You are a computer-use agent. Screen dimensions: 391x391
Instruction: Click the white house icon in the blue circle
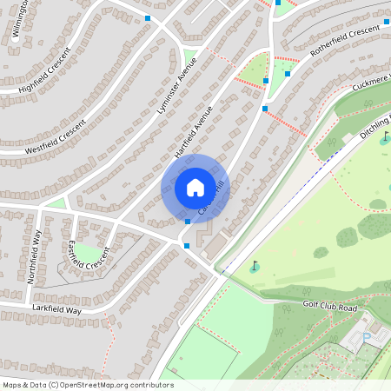pos(195,188)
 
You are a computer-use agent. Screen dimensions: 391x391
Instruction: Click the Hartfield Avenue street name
pos(193,131)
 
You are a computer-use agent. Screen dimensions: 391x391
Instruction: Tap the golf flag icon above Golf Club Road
pos(255,266)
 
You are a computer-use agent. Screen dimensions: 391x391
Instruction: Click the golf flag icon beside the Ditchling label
pos(385,137)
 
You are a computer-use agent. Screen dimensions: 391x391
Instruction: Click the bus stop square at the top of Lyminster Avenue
pos(148,17)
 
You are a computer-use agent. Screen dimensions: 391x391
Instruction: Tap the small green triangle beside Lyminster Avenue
pos(189,58)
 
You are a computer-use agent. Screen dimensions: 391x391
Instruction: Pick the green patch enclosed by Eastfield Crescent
pos(86,254)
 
